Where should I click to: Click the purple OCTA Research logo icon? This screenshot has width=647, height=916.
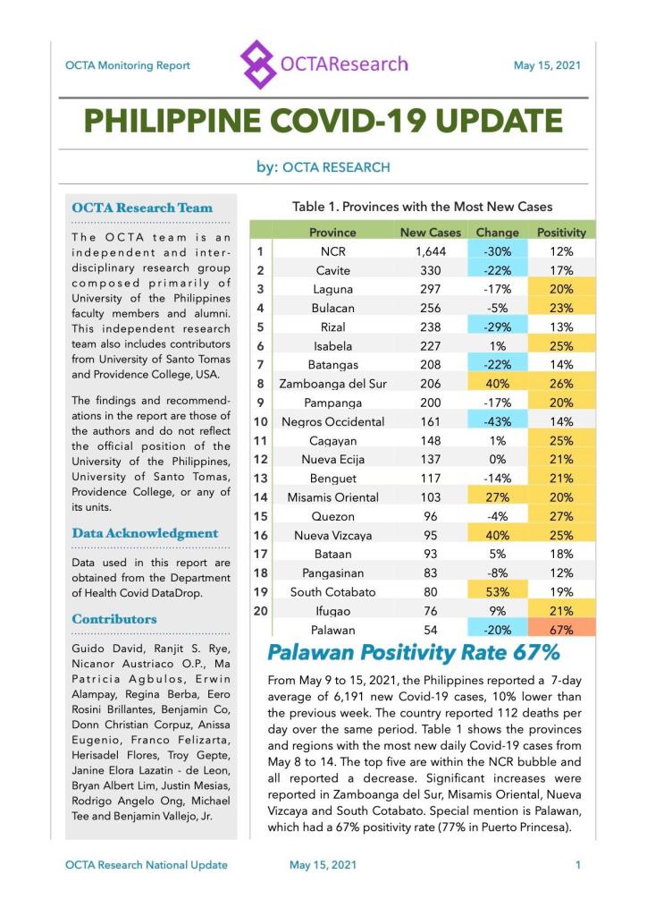pyautogui.click(x=258, y=64)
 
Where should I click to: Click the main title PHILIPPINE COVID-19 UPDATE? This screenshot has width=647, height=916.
pyautogui.click(x=323, y=120)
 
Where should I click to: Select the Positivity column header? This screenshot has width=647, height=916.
pyautogui.click(x=561, y=232)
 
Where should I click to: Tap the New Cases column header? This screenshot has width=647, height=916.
pyautogui.click(x=431, y=232)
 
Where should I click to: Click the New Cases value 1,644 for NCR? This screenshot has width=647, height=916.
pyautogui.click(x=431, y=251)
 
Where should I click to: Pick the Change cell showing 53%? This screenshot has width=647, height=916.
pyautogui.click(x=498, y=591)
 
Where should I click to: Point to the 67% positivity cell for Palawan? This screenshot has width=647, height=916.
pyautogui.click(x=561, y=630)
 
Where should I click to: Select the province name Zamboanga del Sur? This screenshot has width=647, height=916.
pyautogui.click(x=332, y=384)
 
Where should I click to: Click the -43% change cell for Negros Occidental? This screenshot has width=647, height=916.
pyautogui.click(x=498, y=421)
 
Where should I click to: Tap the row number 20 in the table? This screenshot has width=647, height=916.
pyautogui.click(x=261, y=610)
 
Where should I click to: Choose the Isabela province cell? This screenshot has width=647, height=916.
pyautogui.click(x=332, y=346)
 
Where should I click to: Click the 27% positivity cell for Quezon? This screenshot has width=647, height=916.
pyautogui.click(x=561, y=516)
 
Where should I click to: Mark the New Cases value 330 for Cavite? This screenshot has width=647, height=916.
pyautogui.click(x=431, y=270)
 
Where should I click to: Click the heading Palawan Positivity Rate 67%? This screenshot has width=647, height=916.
pyautogui.click(x=414, y=653)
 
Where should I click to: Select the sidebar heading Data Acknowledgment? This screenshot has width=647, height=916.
pyautogui.click(x=145, y=533)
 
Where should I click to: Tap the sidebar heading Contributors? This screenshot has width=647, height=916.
pyautogui.click(x=114, y=618)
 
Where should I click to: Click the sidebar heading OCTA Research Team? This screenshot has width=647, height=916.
pyautogui.click(x=142, y=208)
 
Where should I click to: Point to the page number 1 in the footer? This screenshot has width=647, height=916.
pyautogui.click(x=578, y=865)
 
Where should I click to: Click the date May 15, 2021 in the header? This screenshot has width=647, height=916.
pyautogui.click(x=547, y=65)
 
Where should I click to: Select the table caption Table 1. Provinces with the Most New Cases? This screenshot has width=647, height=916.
pyautogui.click(x=422, y=207)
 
